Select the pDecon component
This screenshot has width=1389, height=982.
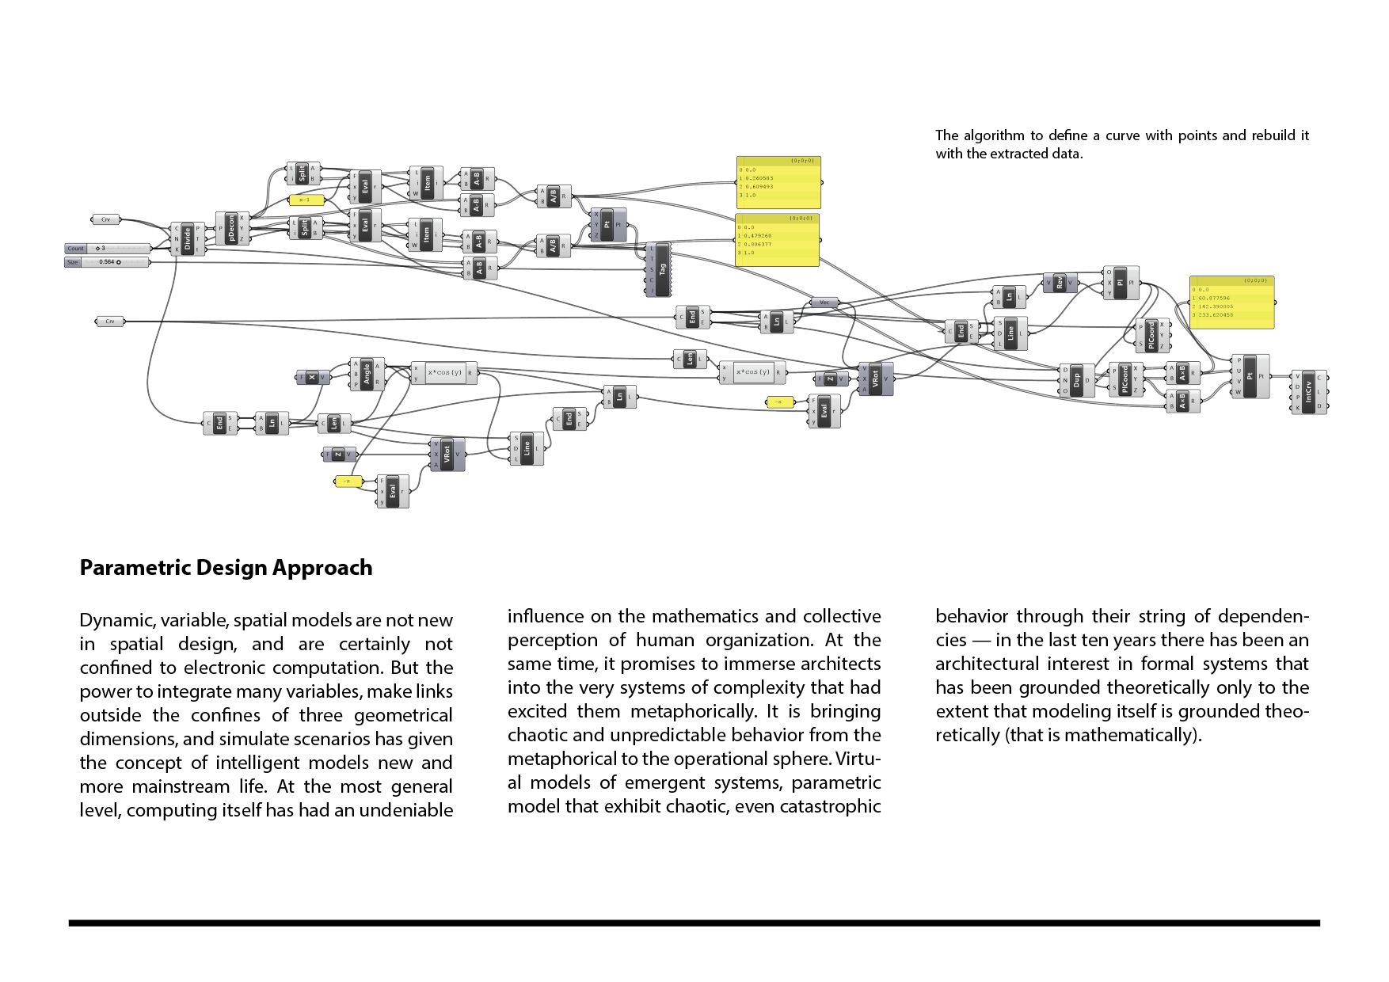click(x=231, y=228)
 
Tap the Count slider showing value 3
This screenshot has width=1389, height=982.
click(x=108, y=249)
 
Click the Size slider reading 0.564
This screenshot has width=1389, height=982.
click(x=108, y=262)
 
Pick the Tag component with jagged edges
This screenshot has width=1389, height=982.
click(x=662, y=270)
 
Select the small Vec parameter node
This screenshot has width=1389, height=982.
click(x=824, y=303)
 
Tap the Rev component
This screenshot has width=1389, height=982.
click(x=1059, y=283)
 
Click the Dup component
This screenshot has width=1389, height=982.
click(x=1076, y=380)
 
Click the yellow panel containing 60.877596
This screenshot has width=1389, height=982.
click(x=1231, y=303)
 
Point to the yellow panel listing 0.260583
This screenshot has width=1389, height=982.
click(x=778, y=182)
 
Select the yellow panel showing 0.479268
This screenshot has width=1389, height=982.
click(x=778, y=239)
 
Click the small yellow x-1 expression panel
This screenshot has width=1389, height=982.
click(x=306, y=200)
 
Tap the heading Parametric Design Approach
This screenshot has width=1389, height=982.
click(x=226, y=568)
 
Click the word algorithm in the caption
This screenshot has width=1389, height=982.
click(x=993, y=135)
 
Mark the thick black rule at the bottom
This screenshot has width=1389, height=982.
click(x=694, y=923)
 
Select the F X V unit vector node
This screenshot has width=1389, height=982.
click(x=312, y=378)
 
